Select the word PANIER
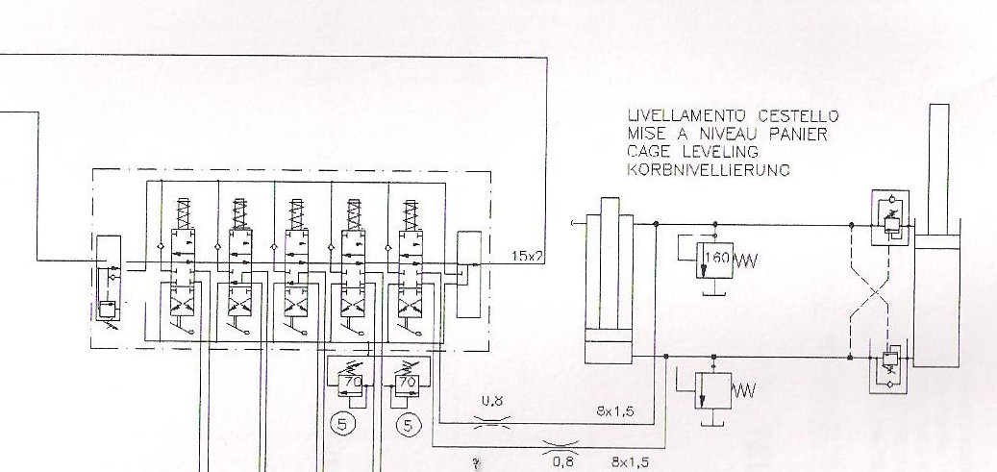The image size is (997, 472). tap(796, 135)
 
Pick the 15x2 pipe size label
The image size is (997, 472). tap(526, 257)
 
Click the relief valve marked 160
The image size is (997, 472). tap(714, 257)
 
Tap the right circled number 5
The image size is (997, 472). tap(411, 422)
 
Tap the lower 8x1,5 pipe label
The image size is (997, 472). tap(629, 462)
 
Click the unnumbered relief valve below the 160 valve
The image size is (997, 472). tap(714, 389)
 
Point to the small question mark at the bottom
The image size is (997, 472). tap(475, 463)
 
